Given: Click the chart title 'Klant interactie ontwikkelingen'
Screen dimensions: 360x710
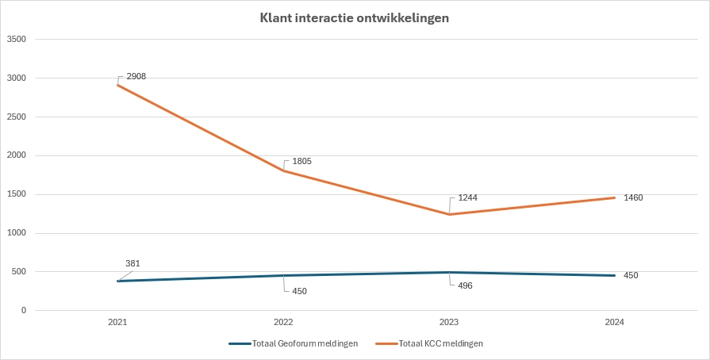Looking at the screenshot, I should coord(355,17).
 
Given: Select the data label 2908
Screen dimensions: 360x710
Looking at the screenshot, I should coord(136,76).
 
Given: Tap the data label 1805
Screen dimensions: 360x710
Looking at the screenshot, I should coord(301,161).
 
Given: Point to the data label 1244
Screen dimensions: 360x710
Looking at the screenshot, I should coord(468,198).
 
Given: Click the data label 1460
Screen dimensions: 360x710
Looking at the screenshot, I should coord(633,197).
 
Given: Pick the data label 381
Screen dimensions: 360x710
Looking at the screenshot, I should coord(133,263).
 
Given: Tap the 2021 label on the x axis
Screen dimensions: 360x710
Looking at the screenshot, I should coord(117,323).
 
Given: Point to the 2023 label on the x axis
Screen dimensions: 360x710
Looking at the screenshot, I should coord(449,323).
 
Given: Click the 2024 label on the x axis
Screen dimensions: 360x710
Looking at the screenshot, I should coord(615,323).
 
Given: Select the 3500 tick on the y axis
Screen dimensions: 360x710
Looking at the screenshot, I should coord(17,39).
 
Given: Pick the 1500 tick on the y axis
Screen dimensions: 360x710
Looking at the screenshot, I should coord(17,194).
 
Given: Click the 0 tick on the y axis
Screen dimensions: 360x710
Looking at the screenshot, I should coord(24,311).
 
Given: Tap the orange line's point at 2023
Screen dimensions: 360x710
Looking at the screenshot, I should coord(449,214).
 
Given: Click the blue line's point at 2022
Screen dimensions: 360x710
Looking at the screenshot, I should coord(283,276).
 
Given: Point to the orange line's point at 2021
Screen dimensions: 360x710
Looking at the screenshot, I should coord(117,85).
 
